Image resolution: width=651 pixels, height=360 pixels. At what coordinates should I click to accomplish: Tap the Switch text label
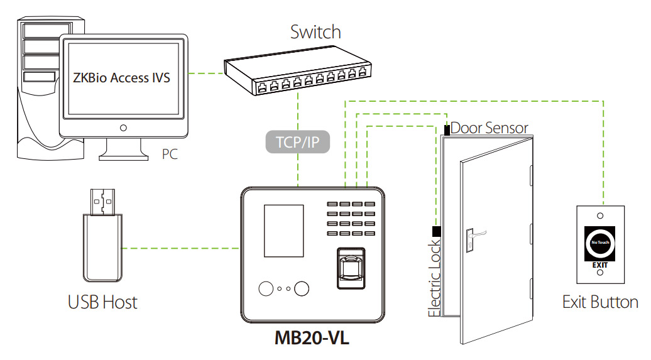click(315, 31)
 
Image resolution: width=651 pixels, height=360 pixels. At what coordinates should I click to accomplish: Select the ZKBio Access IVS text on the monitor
click(122, 79)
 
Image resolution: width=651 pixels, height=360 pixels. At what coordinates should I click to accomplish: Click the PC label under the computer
click(170, 153)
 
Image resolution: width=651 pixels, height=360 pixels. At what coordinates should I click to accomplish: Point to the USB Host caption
click(102, 302)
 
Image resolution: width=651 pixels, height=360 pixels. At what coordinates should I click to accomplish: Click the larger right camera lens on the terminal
click(302, 289)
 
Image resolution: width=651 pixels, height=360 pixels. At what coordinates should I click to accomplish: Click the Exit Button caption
click(600, 302)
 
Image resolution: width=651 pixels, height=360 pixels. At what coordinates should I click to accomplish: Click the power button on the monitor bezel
click(123, 128)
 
